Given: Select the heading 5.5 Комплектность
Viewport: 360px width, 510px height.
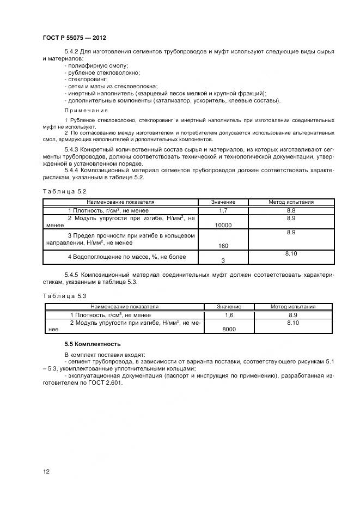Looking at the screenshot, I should pyautogui.click(x=93, y=344).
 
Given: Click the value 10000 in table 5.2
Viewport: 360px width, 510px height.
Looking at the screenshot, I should pyautogui.click(x=224, y=225).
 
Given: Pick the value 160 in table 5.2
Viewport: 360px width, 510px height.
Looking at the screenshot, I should pyautogui.click(x=223, y=245).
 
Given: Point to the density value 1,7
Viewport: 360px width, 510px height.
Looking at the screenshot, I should pyautogui.click(x=223, y=210).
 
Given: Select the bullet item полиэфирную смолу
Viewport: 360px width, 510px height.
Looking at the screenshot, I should pyautogui.click(x=90, y=65).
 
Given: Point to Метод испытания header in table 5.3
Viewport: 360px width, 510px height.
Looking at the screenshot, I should pyautogui.click(x=293, y=307).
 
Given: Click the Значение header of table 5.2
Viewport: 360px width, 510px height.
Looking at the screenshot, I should pyautogui.click(x=223, y=202).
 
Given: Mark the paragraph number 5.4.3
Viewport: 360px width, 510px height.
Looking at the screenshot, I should pyautogui.click(x=73, y=149).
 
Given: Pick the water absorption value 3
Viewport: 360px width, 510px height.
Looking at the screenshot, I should pyautogui.click(x=223, y=260).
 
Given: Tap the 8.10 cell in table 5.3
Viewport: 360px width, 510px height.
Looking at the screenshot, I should pyautogui.click(x=293, y=323).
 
